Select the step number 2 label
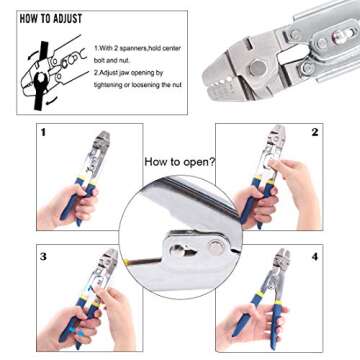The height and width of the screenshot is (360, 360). click(x=314, y=132)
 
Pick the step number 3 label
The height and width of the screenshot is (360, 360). click(x=43, y=257)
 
